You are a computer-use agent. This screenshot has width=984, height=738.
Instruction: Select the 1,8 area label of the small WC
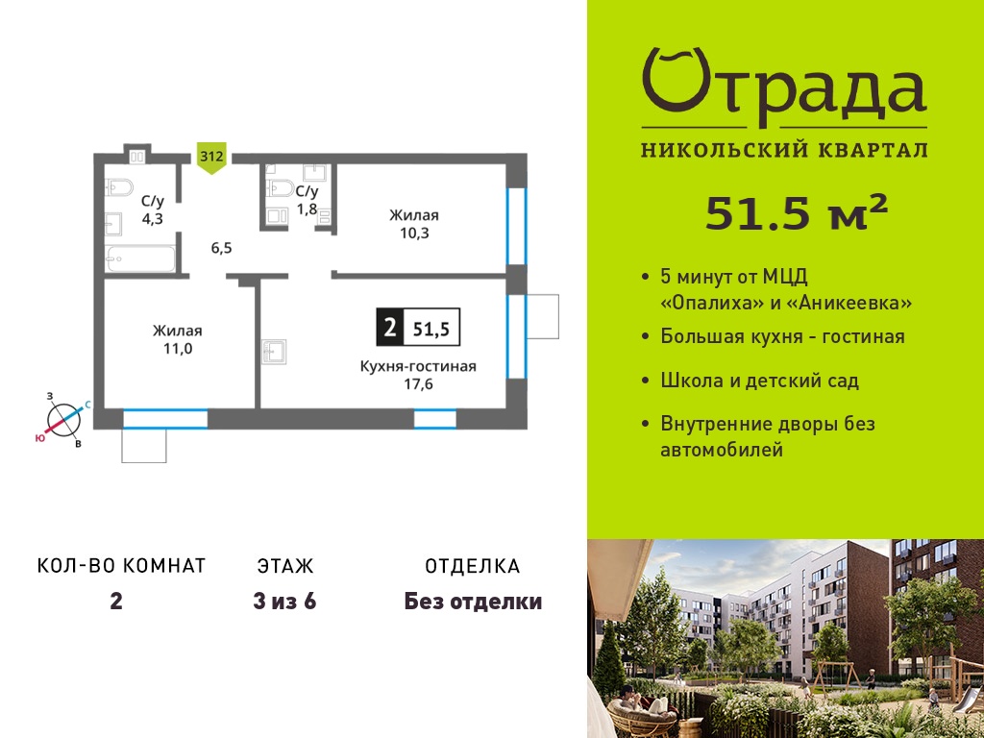point(307,209)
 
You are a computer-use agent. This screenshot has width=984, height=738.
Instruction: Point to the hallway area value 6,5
point(222,248)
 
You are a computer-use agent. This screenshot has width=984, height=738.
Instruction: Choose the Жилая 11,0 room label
point(178,339)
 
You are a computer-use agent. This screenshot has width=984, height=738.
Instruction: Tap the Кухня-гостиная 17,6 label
point(418,375)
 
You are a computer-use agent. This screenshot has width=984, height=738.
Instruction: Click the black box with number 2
point(390,327)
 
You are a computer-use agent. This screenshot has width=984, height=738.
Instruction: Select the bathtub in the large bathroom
point(140,259)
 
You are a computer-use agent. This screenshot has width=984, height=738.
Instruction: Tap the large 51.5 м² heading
point(797,212)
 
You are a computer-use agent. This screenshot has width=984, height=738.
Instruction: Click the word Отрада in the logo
point(784,87)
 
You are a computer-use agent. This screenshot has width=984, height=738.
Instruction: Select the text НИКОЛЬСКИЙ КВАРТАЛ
point(784,150)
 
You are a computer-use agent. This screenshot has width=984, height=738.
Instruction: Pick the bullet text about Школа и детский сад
point(759,381)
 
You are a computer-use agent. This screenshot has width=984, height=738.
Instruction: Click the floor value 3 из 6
point(284,602)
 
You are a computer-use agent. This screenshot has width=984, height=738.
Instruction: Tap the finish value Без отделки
point(473,602)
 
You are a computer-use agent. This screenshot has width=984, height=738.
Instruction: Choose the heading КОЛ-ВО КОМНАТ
point(122,566)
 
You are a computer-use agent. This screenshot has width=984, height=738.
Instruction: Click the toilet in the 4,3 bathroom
point(119,187)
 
